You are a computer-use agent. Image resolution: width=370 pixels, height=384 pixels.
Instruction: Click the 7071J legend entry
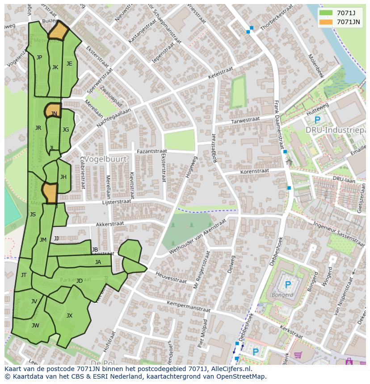pos(340,13)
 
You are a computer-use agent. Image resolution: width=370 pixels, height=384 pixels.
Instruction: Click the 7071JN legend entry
pos(340,22)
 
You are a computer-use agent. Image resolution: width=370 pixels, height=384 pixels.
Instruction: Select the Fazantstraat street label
pos(152,151)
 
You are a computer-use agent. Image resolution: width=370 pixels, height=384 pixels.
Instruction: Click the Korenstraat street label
pos(254,171)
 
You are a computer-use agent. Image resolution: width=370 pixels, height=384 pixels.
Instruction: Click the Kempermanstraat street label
pos(188,306)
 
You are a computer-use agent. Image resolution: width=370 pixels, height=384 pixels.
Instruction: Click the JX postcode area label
pos(69,316)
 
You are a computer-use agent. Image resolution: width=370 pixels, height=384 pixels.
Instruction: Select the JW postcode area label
pos(35,326)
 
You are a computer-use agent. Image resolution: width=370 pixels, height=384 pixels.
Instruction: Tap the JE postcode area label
pos(69,64)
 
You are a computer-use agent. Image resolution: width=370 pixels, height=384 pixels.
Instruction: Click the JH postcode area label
pos(63,177)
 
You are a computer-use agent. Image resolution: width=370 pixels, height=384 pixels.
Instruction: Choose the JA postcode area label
pos(98,262)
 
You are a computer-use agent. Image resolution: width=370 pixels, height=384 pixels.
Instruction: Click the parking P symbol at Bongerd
pos(288,285)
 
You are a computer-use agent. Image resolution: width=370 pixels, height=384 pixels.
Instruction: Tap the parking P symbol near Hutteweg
pos(317,120)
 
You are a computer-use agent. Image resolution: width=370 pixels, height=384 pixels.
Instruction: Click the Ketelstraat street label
pos(219,74)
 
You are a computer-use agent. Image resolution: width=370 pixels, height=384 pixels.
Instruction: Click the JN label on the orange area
pos(54,114)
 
